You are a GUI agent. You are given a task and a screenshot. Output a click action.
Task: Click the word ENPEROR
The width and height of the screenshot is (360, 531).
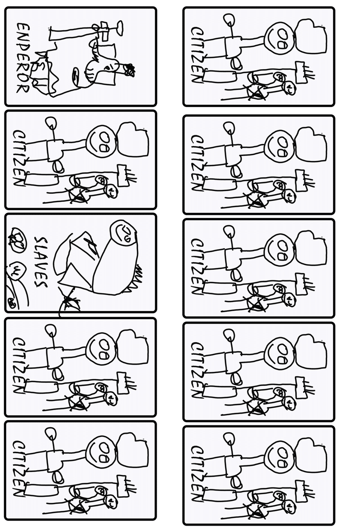[x=23, y=58]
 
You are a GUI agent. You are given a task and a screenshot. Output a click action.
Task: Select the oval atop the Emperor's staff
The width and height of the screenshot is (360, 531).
[x=119, y=28]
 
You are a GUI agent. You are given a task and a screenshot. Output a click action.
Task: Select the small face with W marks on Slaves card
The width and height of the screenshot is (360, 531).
[x=16, y=271]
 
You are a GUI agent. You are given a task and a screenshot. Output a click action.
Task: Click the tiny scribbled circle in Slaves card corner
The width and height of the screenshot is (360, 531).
[x=13, y=303]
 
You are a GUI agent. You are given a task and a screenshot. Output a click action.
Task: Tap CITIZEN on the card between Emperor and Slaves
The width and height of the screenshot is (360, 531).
[x=19, y=158]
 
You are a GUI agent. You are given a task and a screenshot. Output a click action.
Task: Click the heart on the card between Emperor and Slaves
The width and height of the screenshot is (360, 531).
[x=133, y=140]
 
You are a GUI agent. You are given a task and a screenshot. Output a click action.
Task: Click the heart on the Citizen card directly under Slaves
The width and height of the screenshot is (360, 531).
[x=133, y=347]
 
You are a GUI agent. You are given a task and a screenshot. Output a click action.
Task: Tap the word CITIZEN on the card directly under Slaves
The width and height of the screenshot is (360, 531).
[x=19, y=366]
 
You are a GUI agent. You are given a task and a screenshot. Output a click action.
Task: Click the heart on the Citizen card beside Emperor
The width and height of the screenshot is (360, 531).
[x=311, y=36]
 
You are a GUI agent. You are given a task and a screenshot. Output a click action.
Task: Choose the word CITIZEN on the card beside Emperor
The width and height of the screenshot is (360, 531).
[x=198, y=55]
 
